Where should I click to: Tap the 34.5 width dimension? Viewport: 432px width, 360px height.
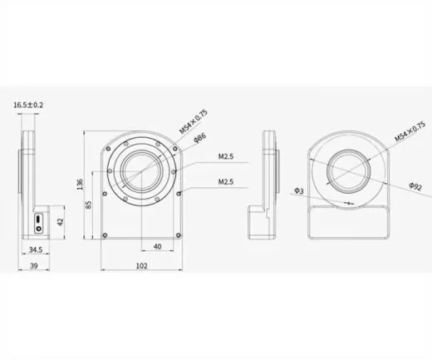pos(34,249)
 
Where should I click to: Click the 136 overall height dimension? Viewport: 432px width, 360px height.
pos(79,184)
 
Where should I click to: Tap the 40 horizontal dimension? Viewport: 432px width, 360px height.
pos(157,247)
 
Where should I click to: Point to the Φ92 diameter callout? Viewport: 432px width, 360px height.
pos(417,189)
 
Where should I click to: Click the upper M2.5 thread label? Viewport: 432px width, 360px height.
pos(225,155)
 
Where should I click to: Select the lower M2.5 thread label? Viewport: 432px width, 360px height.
pos(225,180)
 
